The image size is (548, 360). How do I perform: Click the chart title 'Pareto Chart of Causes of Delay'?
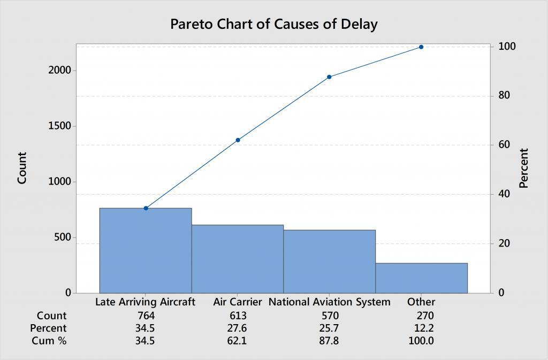point(273,24)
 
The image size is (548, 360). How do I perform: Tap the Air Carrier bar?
point(238,259)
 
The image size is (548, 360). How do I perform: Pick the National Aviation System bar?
point(329,262)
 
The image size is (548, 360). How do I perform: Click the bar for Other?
point(421,278)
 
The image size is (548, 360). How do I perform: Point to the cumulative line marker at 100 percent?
point(421,47)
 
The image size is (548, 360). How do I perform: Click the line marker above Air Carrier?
point(238,140)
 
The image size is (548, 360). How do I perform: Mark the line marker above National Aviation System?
point(329,77)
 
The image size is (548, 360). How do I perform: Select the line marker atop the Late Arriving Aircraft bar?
point(146,208)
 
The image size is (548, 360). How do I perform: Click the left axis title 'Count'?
point(22,168)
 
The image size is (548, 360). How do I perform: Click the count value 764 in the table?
point(146,316)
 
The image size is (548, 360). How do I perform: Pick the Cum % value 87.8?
point(329,341)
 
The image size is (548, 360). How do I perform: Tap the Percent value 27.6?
point(238,328)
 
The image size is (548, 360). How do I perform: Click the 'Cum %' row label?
point(50,341)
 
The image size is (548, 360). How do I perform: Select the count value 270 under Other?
point(421,316)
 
